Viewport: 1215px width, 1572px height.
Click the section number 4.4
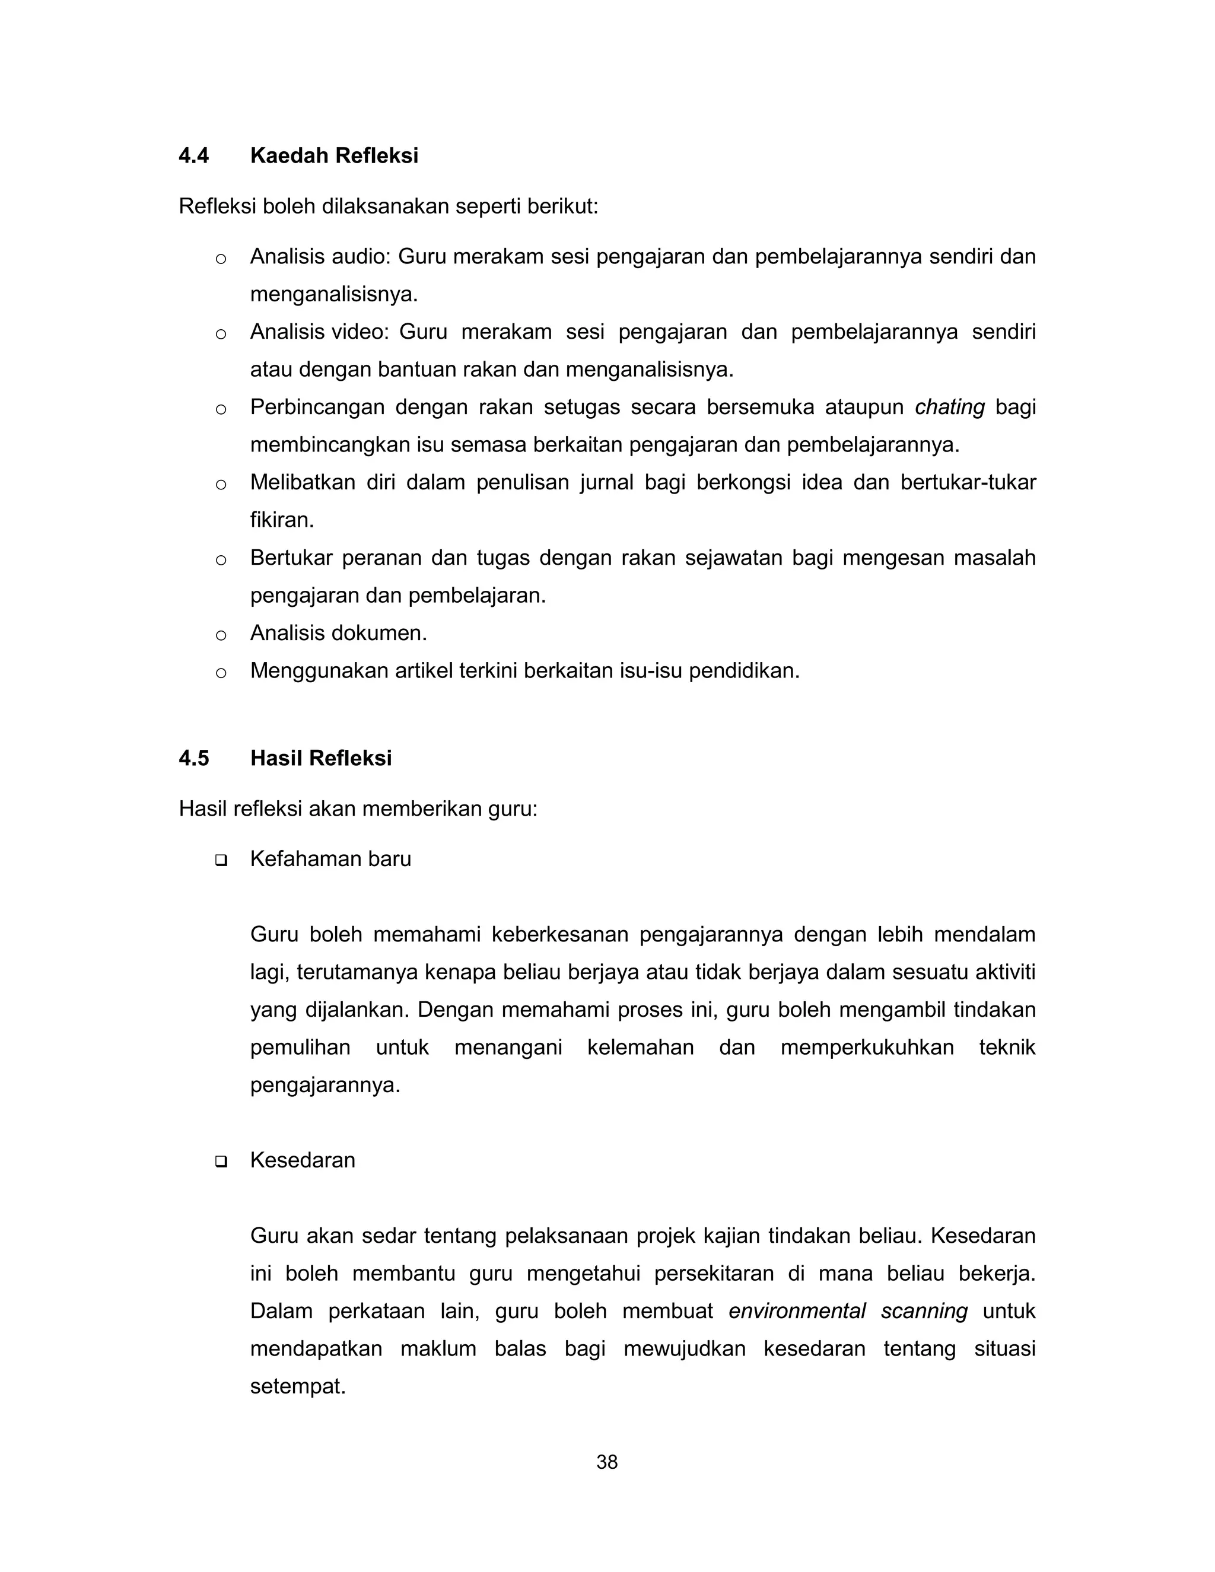pos(193,155)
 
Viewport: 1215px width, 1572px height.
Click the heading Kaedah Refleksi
pos(334,155)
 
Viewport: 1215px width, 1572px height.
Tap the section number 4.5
pos(193,758)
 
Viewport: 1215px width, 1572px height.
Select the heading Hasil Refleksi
pos(321,758)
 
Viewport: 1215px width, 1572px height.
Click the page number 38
pos(607,1462)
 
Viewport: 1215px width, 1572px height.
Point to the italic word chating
pos(949,408)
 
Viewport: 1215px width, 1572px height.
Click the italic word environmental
pos(797,1311)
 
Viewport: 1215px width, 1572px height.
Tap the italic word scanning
pos(924,1311)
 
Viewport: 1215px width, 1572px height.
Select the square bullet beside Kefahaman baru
pos(221,860)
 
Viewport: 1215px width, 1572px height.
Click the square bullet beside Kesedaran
pos(221,1161)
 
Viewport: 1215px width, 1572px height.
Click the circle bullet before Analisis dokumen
pos(221,635)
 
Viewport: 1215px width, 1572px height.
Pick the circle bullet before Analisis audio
pos(221,259)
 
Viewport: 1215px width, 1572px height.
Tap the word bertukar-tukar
pos(968,482)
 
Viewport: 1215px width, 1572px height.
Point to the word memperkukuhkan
pos(867,1047)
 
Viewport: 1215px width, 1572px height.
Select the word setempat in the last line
pos(297,1386)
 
